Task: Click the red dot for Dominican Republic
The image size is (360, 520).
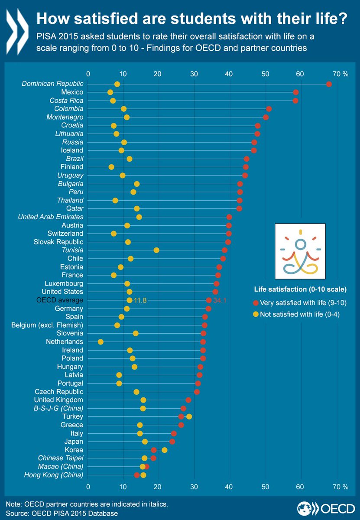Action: tap(329, 84)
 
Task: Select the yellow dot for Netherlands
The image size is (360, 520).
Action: tap(101, 342)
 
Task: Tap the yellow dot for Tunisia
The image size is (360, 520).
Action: tap(156, 250)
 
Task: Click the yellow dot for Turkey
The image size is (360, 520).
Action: tap(189, 416)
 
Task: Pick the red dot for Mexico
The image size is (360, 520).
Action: tap(296, 92)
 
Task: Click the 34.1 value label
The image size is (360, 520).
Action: tap(220, 300)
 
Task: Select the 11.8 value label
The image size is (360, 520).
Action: tap(141, 300)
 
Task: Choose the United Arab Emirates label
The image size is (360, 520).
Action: tap(51, 217)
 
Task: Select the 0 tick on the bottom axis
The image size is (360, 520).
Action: tap(88, 487)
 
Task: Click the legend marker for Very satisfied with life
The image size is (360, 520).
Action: tap(256, 302)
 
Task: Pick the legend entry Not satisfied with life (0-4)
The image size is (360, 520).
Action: tap(299, 315)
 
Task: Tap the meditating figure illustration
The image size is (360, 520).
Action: tap(300, 251)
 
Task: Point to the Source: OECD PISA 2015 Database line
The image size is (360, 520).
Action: tap(62, 513)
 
